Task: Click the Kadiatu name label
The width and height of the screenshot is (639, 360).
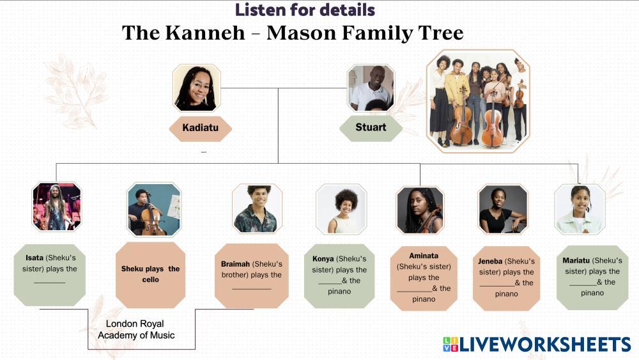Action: [201, 128]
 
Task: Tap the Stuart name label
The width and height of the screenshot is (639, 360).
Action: [371, 128]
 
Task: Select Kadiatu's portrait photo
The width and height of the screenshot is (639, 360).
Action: [197, 88]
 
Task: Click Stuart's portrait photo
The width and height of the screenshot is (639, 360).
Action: [371, 88]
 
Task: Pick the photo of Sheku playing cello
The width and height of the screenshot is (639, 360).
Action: [153, 210]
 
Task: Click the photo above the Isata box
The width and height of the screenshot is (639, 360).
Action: [57, 207]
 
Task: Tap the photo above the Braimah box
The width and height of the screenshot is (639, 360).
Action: [257, 208]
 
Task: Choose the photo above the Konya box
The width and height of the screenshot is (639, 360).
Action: [341, 209]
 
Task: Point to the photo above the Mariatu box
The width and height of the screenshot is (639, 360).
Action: [580, 209]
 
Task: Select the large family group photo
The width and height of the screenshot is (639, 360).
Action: [479, 101]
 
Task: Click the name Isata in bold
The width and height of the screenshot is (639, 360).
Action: [35, 258]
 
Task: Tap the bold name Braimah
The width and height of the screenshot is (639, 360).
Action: [235, 264]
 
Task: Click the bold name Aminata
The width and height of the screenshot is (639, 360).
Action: [424, 256]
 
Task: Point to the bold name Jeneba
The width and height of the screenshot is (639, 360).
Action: [490, 262]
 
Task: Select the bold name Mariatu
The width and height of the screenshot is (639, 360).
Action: [576, 260]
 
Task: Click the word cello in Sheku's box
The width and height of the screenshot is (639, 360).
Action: [150, 279]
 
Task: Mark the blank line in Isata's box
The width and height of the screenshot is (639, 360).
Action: [50, 283]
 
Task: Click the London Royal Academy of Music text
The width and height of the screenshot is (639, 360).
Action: [136, 329]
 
